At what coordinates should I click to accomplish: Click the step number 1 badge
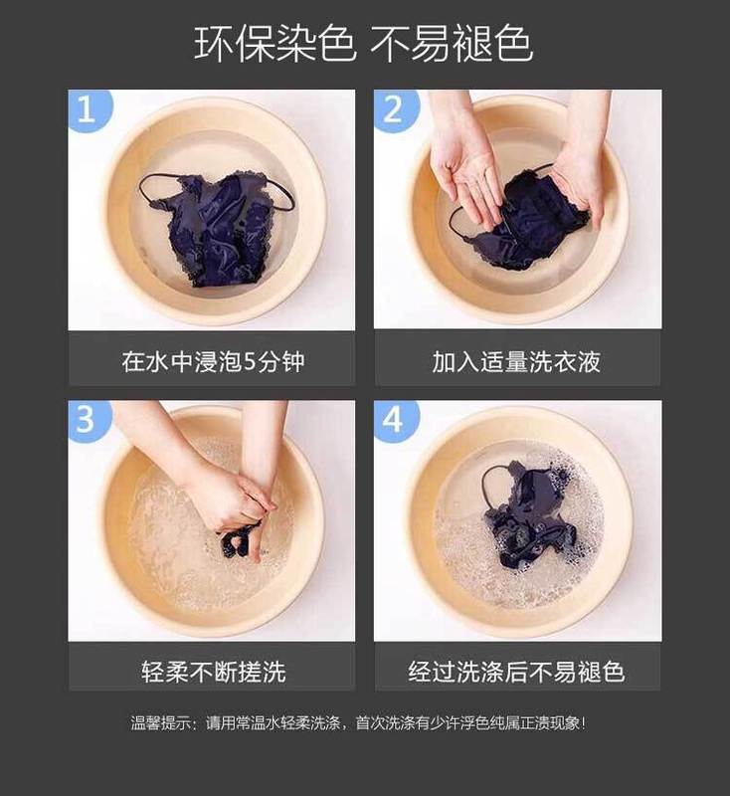pos(88,108)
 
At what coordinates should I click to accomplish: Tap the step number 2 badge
pos(394,108)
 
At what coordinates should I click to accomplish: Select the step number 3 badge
pos(88,419)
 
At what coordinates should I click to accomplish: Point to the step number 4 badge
pos(394,419)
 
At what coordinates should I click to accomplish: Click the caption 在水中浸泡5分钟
pos(213,361)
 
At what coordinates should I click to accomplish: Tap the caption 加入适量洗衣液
pos(516,361)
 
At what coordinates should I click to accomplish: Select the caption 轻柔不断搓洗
pos(214,671)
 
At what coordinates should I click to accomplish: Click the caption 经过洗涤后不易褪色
pos(516,671)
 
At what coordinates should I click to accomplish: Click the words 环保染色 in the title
pos(274,44)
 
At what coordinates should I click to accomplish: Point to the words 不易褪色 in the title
pos(451,44)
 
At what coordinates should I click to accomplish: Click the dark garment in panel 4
pos(527,513)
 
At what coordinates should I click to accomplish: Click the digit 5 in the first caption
pos(250,362)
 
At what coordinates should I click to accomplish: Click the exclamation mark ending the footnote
pos(584,722)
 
